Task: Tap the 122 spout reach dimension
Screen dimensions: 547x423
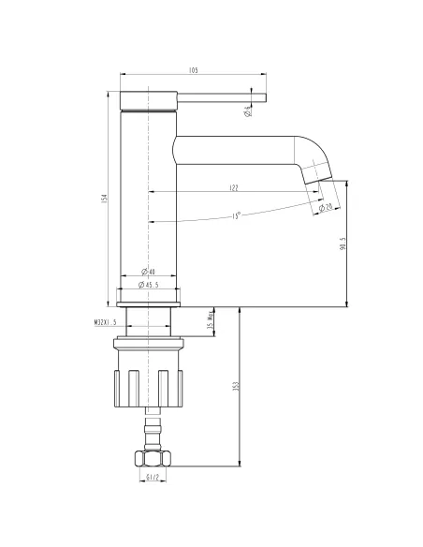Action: [x=232, y=188]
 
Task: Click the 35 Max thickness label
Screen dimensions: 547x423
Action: [x=211, y=323]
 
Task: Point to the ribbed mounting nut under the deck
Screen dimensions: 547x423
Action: [x=150, y=379]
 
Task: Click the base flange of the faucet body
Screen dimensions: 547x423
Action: [x=150, y=297]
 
